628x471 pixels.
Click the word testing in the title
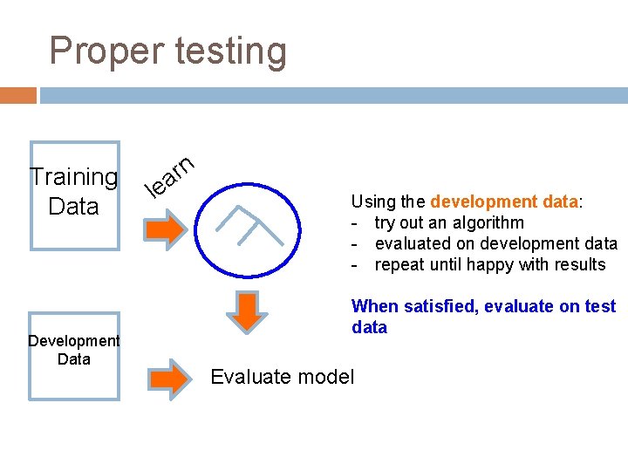230,51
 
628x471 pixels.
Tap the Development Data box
74,355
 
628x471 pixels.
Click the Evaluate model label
283,377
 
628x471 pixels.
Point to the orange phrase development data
504,201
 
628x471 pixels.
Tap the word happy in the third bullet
474,264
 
